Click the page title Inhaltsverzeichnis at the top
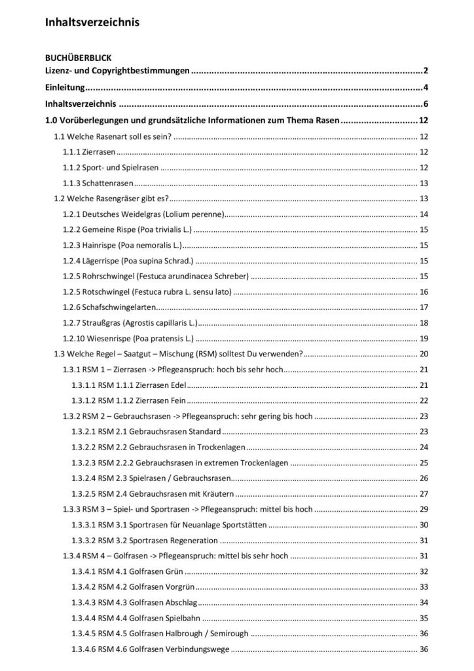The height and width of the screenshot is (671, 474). [92, 22]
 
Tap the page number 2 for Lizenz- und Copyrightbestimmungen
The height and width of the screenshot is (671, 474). [426, 70]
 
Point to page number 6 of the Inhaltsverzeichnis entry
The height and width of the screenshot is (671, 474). [426, 104]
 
